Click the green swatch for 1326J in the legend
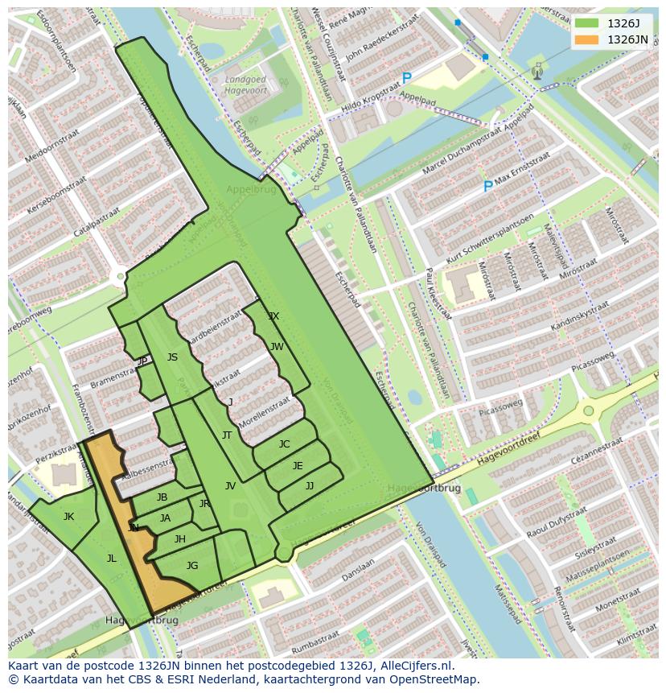tap(587, 23)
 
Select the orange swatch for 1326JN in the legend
tap(587, 39)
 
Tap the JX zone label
tap(273, 316)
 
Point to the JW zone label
tap(277, 347)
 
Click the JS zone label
tap(172, 357)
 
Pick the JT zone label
tap(227, 435)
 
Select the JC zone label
tap(284, 444)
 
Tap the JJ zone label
tap(310, 486)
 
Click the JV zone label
tap(230, 486)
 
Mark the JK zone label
tap(68, 517)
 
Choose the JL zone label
tap(111, 558)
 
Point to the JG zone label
tap(191, 566)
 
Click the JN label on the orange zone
tap(134, 528)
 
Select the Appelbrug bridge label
tap(251, 191)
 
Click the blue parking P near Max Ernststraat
tap(487, 187)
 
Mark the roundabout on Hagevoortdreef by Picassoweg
tap(589, 410)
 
